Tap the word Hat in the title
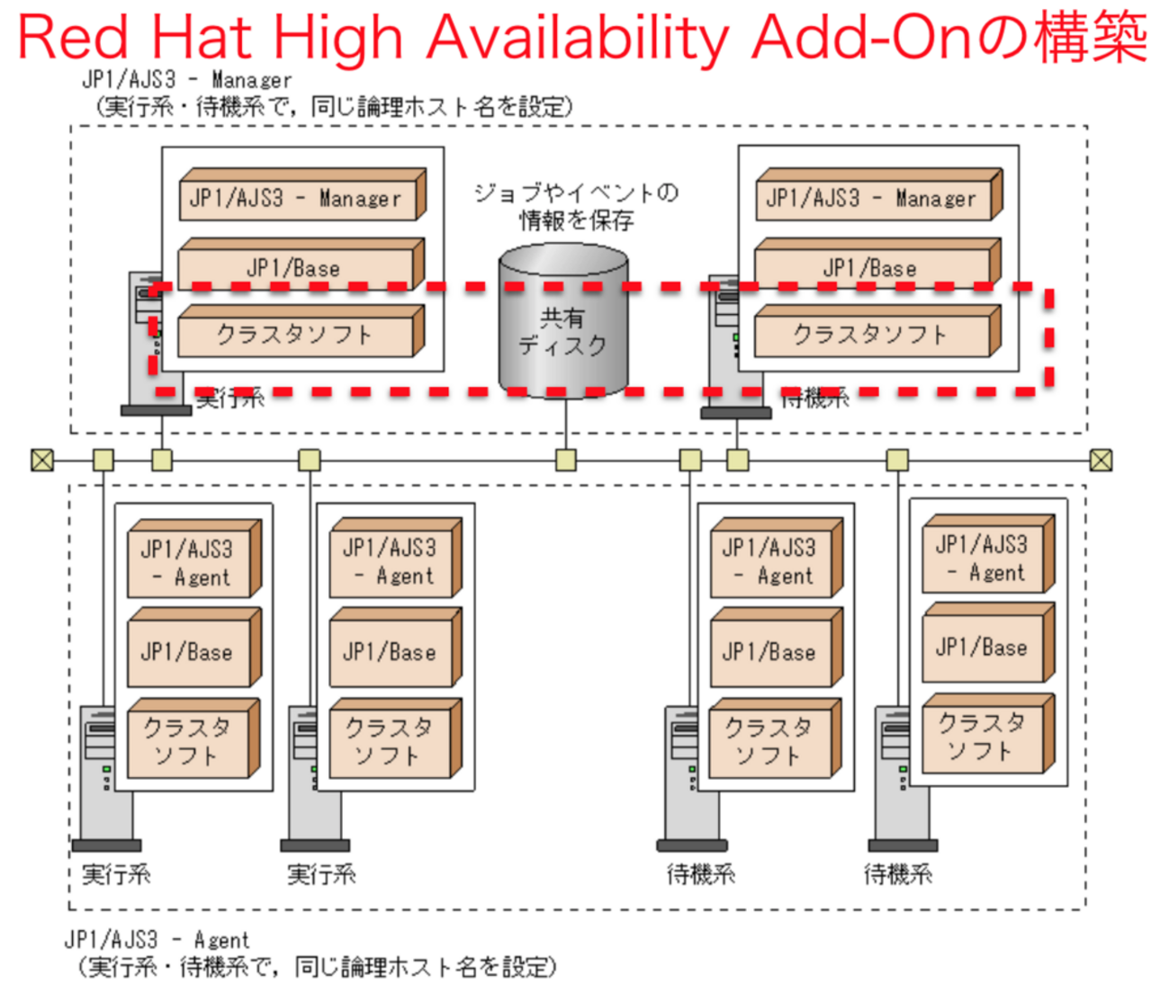pos(204,38)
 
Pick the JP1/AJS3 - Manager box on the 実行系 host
pos(297,198)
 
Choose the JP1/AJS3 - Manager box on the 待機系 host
pos(873,198)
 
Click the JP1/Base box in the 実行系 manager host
pos(295,268)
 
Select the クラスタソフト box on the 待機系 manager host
pos(872,335)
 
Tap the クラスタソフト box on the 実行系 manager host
pos(295,335)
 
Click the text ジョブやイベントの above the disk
pos(576,192)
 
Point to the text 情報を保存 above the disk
pos(576,220)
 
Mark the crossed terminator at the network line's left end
pos(42,461)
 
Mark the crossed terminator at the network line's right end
pos(1101,461)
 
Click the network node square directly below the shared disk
pos(566,461)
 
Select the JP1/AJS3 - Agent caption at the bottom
pos(157,941)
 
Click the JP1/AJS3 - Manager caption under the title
pos(187,80)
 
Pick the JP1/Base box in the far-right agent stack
pos(983,648)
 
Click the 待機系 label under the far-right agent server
pos(897,873)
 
